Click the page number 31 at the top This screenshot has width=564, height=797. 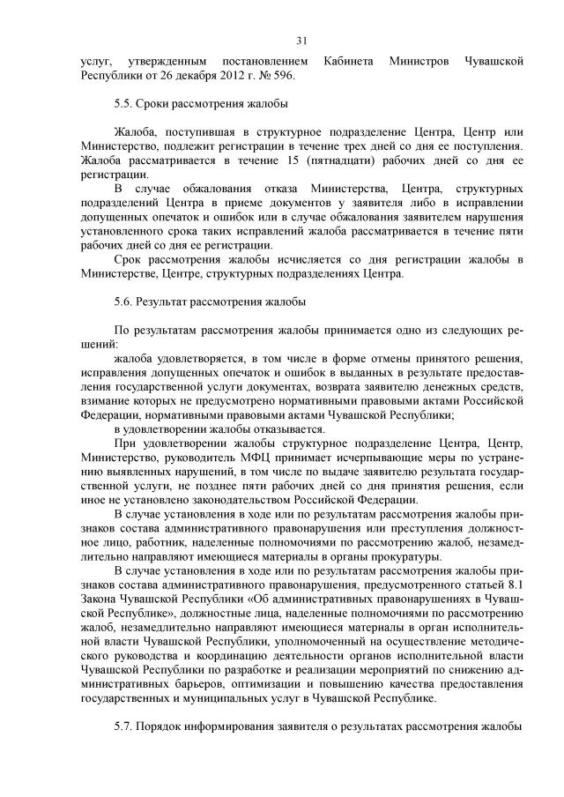tap(301, 41)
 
